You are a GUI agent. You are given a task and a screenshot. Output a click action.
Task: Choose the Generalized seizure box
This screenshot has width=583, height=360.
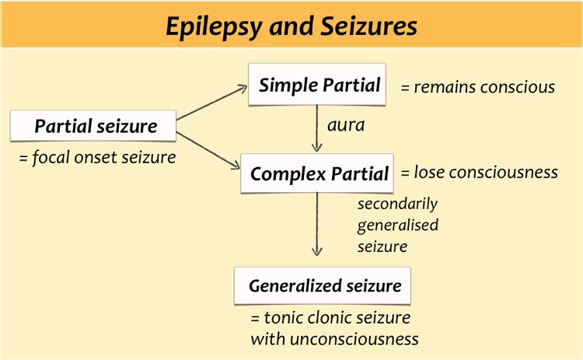pyautogui.click(x=324, y=286)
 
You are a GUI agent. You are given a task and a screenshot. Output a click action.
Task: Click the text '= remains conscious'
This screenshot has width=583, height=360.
pyautogui.click(x=477, y=87)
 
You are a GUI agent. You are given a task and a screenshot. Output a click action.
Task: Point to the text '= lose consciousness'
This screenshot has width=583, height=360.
pyautogui.click(x=479, y=173)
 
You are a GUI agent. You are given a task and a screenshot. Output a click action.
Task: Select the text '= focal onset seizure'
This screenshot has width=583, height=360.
pyautogui.click(x=97, y=158)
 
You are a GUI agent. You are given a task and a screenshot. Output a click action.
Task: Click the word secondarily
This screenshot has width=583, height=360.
pyautogui.click(x=397, y=204)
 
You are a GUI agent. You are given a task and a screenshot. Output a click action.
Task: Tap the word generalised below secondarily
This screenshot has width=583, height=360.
pyautogui.click(x=398, y=225)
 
